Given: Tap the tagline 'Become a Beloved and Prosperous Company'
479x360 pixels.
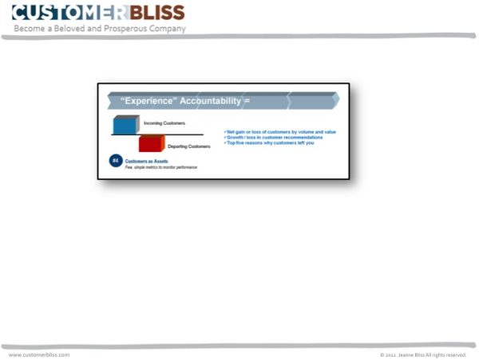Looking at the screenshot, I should [99, 29].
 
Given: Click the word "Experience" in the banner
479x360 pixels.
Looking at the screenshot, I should [148, 101].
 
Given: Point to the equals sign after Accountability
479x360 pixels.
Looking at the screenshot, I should [247, 101].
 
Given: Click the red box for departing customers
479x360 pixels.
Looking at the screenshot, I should [152, 144].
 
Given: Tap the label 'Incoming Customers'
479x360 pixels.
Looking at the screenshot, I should [164, 123].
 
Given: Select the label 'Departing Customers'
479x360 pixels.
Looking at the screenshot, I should [188, 146].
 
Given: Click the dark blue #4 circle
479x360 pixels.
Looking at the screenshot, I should [116, 162].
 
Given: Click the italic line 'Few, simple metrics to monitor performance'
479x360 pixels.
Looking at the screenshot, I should [160, 167].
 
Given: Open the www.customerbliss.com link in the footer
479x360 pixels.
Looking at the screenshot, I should [39, 354].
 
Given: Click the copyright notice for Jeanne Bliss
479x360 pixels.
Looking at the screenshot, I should [422, 354].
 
